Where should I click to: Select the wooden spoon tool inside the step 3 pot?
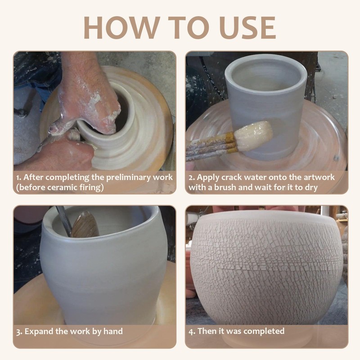pyautogui.click(x=85, y=225)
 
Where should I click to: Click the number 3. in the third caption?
pyautogui.click(x=19, y=332)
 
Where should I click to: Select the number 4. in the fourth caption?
pyautogui.click(x=191, y=331)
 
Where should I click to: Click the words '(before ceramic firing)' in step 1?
pyautogui.click(x=59, y=187)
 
